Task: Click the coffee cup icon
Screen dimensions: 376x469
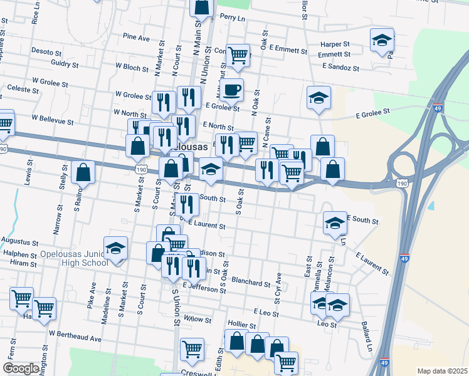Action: click(231, 90)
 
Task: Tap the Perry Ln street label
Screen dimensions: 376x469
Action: click(232, 18)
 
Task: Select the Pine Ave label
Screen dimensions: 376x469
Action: click(137, 38)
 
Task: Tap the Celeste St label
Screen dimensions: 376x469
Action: click(20, 90)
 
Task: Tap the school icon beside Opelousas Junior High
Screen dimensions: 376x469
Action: click(115, 249)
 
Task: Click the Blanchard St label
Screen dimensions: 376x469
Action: click(250, 282)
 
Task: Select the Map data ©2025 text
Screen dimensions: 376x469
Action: click(442, 371)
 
